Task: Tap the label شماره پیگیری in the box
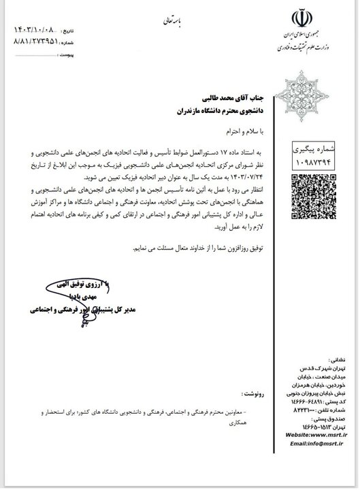[x=314, y=146]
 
